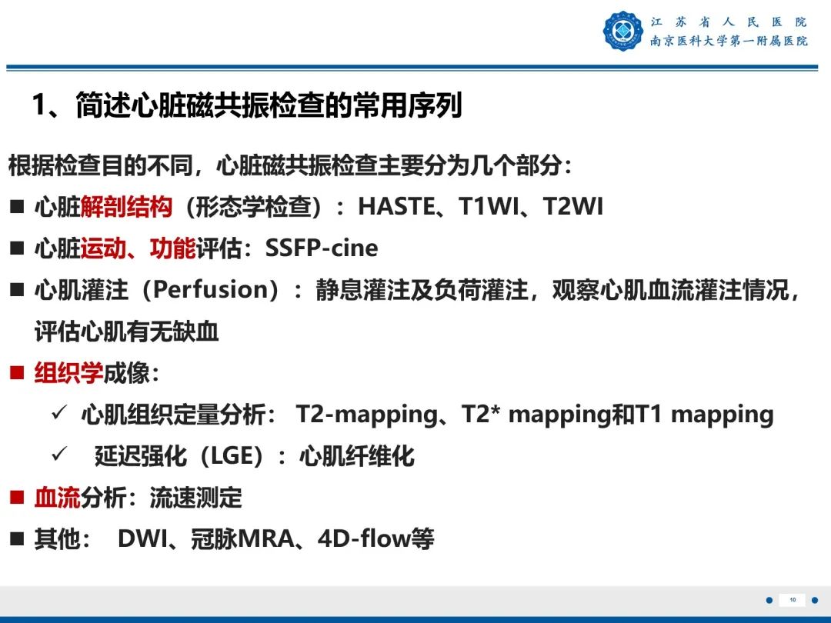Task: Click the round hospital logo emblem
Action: pyautogui.click(x=622, y=32)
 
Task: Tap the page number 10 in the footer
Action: pyautogui.click(x=793, y=600)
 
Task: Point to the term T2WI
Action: pyautogui.click(x=573, y=207)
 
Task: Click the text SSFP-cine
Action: pyautogui.click(x=322, y=248)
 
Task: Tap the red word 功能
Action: pyautogui.click(x=172, y=248)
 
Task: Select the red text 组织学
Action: pyautogui.click(x=68, y=373)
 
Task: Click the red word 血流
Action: pyautogui.click(x=57, y=498)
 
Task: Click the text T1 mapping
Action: pyautogui.click(x=705, y=415)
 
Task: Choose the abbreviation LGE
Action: pyautogui.click(x=231, y=456)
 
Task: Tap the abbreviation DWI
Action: pyautogui.click(x=142, y=539)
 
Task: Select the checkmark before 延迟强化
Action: pyautogui.click(x=59, y=455)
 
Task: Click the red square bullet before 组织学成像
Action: pyautogui.click(x=17, y=374)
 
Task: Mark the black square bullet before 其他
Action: pyautogui.click(x=17, y=540)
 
